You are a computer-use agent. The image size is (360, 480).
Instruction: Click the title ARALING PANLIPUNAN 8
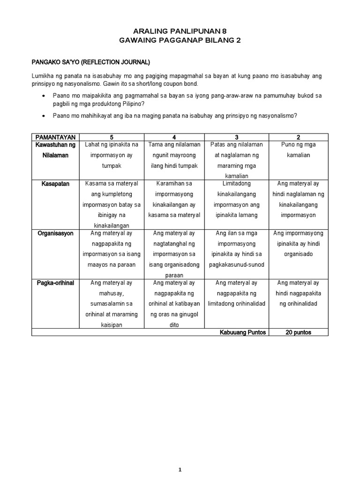coord(180,31)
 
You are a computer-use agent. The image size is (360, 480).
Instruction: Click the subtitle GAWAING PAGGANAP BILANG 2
coord(180,41)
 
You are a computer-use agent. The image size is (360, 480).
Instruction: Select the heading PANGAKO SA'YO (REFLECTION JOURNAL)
coord(90,62)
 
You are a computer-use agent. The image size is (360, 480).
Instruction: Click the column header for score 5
coord(112,137)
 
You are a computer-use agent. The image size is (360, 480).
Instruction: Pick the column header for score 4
coord(174,137)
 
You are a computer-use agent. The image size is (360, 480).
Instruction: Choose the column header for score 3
coord(236,137)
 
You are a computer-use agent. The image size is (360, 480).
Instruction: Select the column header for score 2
coord(298,137)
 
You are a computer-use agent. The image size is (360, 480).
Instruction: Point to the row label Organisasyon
coord(55,233)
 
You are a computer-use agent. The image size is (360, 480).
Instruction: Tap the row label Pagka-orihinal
coord(55,283)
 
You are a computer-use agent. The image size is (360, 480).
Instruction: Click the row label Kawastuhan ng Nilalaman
coord(55,150)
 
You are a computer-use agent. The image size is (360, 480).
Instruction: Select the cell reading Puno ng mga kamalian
coord(298,150)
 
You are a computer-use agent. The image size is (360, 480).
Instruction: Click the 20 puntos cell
coord(298,332)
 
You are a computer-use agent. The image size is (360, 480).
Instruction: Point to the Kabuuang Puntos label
coord(243,332)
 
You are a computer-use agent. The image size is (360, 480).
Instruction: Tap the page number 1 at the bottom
coord(180,456)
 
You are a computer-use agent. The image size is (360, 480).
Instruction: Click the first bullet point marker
coord(43,96)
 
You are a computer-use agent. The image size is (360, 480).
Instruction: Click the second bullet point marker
coord(43,116)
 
